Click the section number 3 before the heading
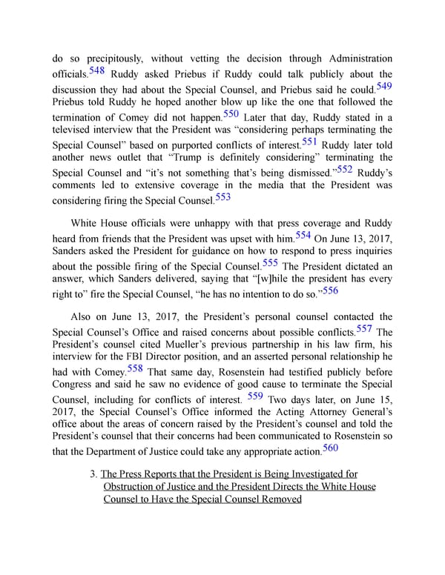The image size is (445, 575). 91,473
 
